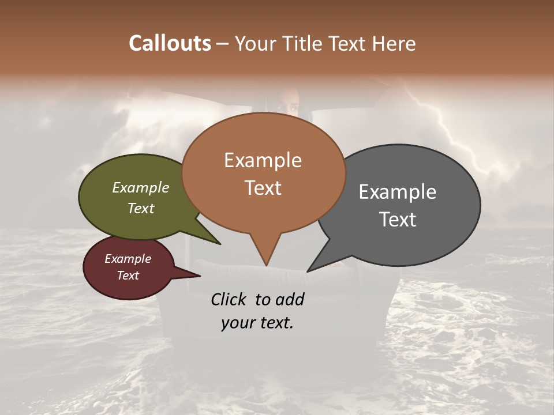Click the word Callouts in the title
170,43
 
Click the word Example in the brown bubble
263,160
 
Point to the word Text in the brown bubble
263,188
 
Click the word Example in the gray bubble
398,192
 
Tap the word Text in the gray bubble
398,220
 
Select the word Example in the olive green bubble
141,187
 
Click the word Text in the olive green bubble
141,208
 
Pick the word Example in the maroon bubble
128,259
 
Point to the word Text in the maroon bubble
128,276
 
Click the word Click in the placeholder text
230,299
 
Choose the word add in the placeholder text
290,299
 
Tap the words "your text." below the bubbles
257,323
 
